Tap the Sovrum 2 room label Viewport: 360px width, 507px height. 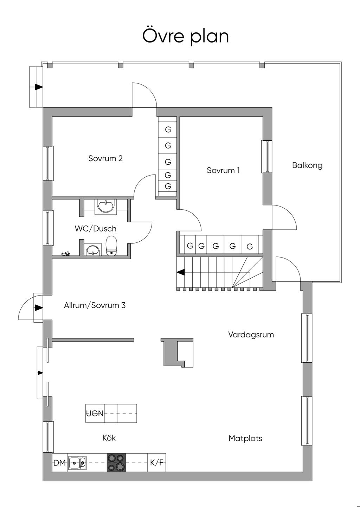click(x=105, y=158)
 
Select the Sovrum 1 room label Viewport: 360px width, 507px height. click(x=223, y=171)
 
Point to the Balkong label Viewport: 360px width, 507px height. click(x=307, y=165)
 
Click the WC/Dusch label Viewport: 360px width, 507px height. click(x=95, y=229)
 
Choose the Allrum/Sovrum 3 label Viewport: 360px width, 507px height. click(x=95, y=305)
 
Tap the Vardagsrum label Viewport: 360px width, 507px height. click(x=251, y=335)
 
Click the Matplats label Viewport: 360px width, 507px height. click(x=245, y=438)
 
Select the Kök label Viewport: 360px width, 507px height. click(x=109, y=438)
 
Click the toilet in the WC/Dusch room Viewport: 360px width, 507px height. click(x=111, y=245)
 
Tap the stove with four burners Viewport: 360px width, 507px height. click(x=116, y=462)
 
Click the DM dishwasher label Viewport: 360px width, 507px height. click(x=60, y=463)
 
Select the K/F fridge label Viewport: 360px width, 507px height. click(x=157, y=463)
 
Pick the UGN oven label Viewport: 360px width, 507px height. click(x=95, y=413)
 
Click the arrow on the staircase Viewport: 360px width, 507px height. click(x=181, y=272)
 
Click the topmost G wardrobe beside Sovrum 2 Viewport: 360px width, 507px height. click(x=168, y=129)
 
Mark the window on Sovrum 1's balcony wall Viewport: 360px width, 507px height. click(x=267, y=157)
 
